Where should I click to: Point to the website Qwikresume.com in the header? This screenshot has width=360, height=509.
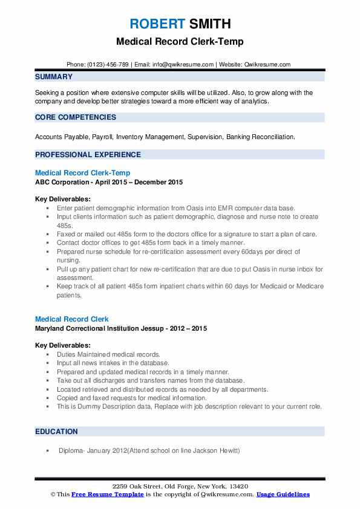click(267, 64)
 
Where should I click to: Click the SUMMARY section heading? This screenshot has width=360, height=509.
click(54, 77)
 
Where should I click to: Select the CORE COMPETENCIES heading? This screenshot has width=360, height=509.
click(76, 117)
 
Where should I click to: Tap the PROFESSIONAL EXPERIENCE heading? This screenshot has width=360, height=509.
click(88, 154)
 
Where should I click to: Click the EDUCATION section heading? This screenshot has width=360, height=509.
click(56, 432)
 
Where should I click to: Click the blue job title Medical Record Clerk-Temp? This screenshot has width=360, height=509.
click(82, 173)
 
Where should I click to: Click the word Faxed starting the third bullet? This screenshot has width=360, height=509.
click(67, 233)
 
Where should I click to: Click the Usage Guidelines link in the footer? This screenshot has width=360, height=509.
click(283, 494)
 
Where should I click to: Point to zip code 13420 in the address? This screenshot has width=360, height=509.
click(237, 487)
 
